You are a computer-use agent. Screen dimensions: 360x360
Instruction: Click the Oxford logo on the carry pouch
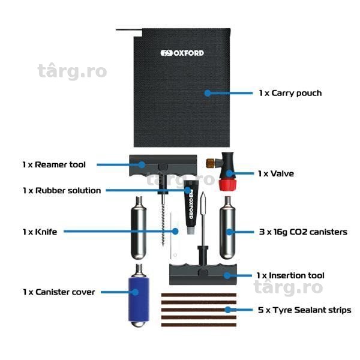click(x=182, y=53)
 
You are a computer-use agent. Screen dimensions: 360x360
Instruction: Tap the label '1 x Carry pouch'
click(x=290, y=93)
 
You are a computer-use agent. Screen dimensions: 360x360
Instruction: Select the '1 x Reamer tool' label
click(x=54, y=164)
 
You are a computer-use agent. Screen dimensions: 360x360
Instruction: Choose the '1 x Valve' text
click(x=276, y=173)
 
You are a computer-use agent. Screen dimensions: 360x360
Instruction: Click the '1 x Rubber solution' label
click(x=62, y=190)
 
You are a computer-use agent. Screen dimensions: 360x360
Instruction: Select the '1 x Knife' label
click(x=40, y=232)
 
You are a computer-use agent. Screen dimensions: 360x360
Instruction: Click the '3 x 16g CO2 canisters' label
click(x=303, y=232)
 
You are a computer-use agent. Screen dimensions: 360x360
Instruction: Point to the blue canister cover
click(x=139, y=299)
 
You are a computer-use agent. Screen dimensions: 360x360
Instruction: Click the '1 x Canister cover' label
click(x=59, y=292)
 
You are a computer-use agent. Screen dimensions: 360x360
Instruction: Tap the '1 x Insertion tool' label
click(x=290, y=275)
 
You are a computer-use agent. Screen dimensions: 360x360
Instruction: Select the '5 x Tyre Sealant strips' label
click(x=304, y=310)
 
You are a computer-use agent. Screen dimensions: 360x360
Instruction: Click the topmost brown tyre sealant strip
click(x=199, y=295)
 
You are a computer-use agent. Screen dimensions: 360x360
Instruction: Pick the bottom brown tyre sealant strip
click(x=199, y=325)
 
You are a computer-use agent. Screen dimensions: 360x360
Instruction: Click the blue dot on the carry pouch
click(x=208, y=93)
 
